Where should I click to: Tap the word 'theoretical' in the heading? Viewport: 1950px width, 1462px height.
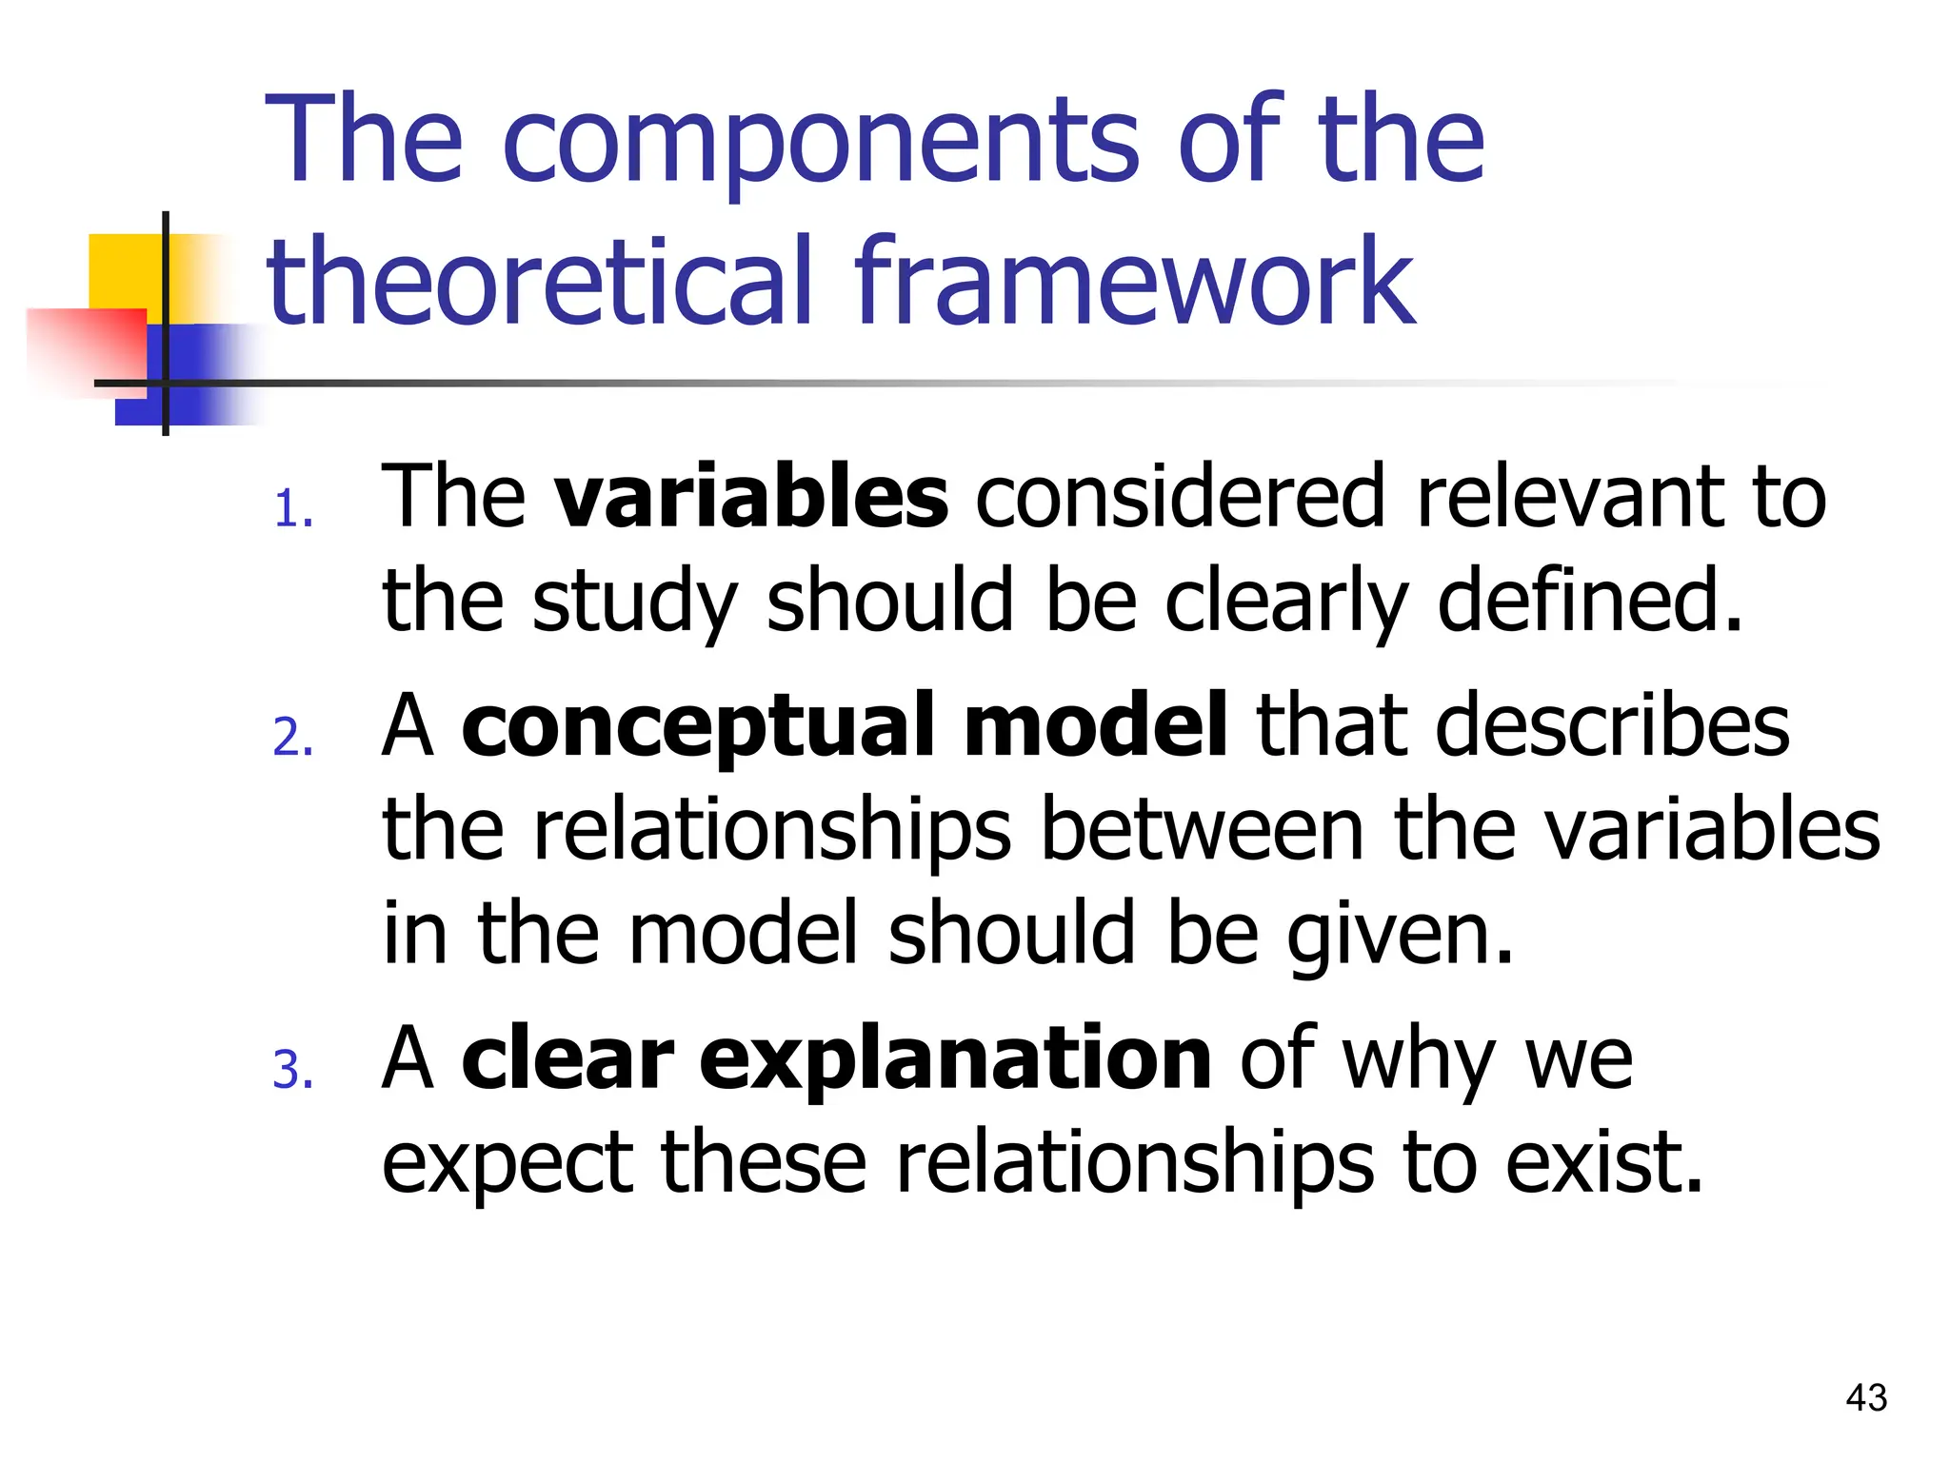click(540, 283)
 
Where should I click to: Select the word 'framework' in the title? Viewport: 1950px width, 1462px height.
click(1134, 283)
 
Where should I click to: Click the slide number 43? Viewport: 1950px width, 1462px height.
click(1865, 1397)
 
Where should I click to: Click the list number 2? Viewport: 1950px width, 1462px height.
click(292, 739)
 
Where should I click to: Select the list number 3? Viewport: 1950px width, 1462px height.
click(292, 1070)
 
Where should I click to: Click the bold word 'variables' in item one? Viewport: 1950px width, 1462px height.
click(751, 497)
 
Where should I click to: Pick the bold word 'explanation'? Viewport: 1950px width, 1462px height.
click(955, 1059)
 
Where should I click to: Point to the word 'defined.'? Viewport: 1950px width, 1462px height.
click(1589, 602)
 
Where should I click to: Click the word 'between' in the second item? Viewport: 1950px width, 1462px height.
click(1203, 830)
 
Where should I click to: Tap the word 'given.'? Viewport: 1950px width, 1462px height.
click(1399, 935)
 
